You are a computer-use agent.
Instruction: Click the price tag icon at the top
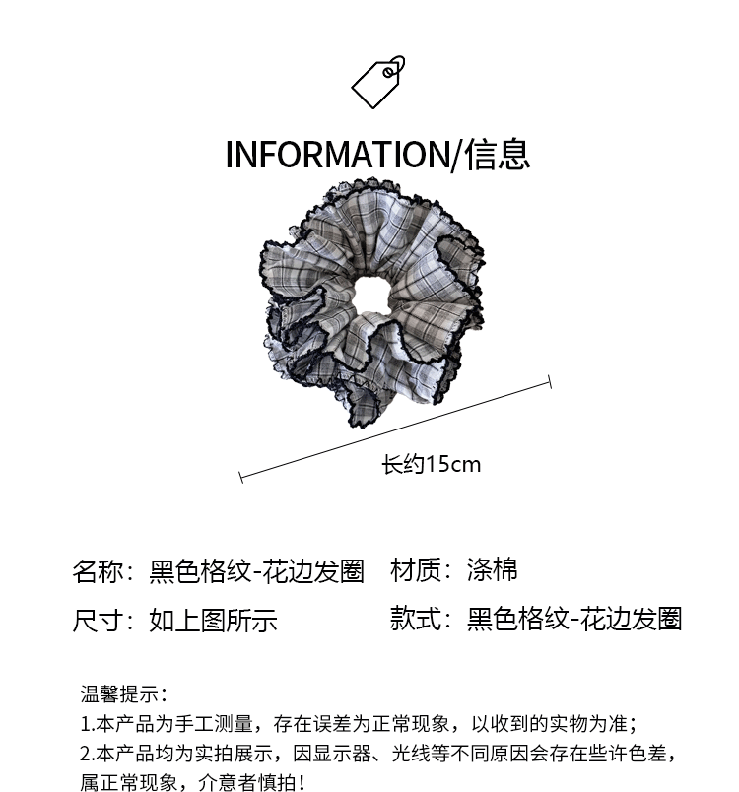(378, 82)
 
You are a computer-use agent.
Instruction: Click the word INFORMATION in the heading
(336, 155)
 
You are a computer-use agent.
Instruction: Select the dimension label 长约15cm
(431, 464)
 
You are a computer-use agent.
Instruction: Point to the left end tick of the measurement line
(240, 478)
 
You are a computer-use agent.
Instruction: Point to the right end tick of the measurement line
(549, 381)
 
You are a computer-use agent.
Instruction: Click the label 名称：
(102, 572)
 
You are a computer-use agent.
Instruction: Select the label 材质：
(421, 570)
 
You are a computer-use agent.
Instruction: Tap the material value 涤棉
(492, 570)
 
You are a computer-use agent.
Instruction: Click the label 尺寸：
(102, 621)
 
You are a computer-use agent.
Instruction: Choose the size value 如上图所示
(213, 621)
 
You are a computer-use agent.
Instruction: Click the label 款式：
(421, 619)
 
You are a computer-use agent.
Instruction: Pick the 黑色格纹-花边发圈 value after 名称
(256, 572)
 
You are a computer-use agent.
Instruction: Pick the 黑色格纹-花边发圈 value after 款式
(574, 619)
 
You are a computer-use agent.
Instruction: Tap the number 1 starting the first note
(85, 725)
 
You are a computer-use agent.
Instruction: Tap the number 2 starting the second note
(85, 755)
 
